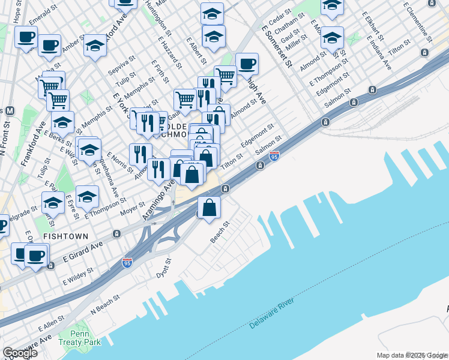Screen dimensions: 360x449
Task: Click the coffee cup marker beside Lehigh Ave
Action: pos(246,63)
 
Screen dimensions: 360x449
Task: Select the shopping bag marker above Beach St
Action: pos(209,208)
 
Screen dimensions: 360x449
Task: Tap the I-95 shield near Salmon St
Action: pos(274,156)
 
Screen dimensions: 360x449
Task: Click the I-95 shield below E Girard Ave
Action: pos(127,263)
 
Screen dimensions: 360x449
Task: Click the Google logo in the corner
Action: pos(20,352)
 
